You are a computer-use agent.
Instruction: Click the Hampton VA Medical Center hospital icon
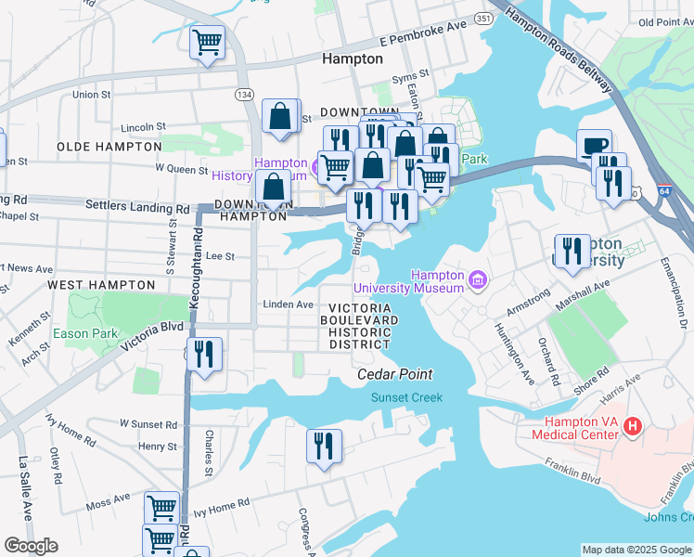click(x=633, y=427)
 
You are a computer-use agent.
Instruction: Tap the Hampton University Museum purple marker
click(x=478, y=278)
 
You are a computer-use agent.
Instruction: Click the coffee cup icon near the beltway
click(x=594, y=147)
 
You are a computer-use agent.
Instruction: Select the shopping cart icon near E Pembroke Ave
click(x=207, y=42)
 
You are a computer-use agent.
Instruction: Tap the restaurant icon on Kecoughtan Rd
click(x=204, y=354)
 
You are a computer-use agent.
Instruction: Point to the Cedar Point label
click(x=395, y=374)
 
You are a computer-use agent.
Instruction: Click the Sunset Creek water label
click(x=406, y=397)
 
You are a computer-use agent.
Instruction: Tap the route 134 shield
click(x=244, y=95)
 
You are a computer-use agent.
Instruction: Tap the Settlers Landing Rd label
click(x=129, y=203)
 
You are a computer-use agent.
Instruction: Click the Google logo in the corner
click(x=31, y=546)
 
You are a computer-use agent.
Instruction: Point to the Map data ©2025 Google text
click(x=636, y=550)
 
